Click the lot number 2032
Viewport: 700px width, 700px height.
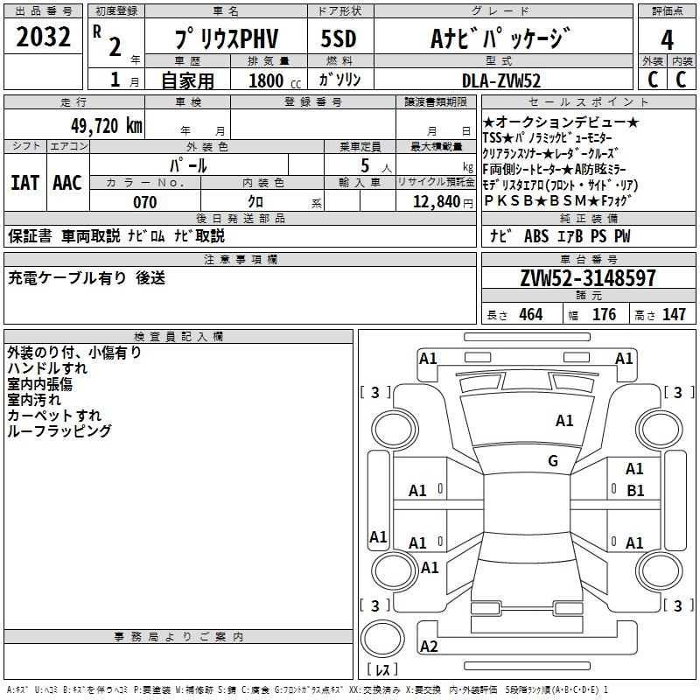point(44,38)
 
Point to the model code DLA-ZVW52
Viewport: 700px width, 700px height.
point(501,80)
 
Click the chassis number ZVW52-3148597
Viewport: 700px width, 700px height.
point(587,279)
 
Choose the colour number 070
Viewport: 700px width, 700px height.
point(145,202)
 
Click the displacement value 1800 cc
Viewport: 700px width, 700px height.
point(266,80)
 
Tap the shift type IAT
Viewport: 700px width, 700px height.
point(25,182)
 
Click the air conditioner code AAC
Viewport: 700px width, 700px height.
point(66,182)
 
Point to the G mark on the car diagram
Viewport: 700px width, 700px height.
point(553,460)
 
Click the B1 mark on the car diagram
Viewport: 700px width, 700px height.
point(635,491)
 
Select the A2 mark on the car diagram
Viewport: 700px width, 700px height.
point(429,647)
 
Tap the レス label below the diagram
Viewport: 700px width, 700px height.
point(386,669)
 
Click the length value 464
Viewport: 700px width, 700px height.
point(530,314)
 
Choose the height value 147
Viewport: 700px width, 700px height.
point(674,314)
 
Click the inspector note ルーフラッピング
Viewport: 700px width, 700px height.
point(59,431)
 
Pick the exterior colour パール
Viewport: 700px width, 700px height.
point(188,164)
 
